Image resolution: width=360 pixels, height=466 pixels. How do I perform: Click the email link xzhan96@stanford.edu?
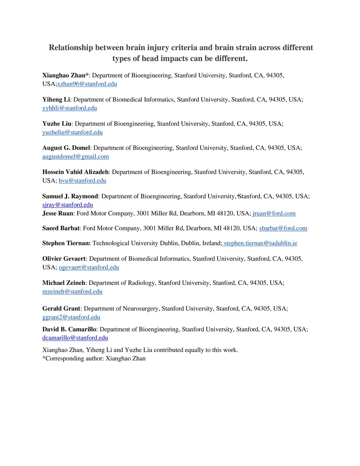[x=87, y=84]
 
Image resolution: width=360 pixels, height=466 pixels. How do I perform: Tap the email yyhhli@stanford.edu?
[x=70, y=108]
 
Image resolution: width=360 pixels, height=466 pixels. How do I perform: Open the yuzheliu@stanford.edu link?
[x=72, y=133]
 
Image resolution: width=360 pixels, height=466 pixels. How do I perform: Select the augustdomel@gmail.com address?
[x=76, y=157]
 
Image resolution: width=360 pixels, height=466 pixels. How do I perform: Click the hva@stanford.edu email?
[x=82, y=181]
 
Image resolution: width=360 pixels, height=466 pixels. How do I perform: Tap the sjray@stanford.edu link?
[x=67, y=205]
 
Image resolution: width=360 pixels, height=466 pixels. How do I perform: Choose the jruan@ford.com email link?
[x=274, y=213]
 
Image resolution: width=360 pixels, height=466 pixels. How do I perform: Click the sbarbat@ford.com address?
[x=283, y=228]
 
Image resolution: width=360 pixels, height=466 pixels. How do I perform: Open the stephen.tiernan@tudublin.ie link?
[x=260, y=243]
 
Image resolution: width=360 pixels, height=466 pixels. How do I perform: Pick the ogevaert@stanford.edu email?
[x=89, y=268]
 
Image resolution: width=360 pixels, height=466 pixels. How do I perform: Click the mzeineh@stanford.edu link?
[x=72, y=292]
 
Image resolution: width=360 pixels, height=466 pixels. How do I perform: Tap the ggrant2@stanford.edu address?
[x=71, y=317]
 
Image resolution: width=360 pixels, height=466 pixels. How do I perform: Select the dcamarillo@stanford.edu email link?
[x=75, y=338]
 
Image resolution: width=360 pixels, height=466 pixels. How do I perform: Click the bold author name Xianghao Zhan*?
[x=65, y=76]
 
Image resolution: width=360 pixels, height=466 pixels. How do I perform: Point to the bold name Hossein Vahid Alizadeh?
[x=75, y=172]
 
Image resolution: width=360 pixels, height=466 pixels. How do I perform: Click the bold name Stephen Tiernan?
[x=66, y=243]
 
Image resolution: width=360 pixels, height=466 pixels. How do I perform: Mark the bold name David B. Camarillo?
[x=69, y=330]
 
